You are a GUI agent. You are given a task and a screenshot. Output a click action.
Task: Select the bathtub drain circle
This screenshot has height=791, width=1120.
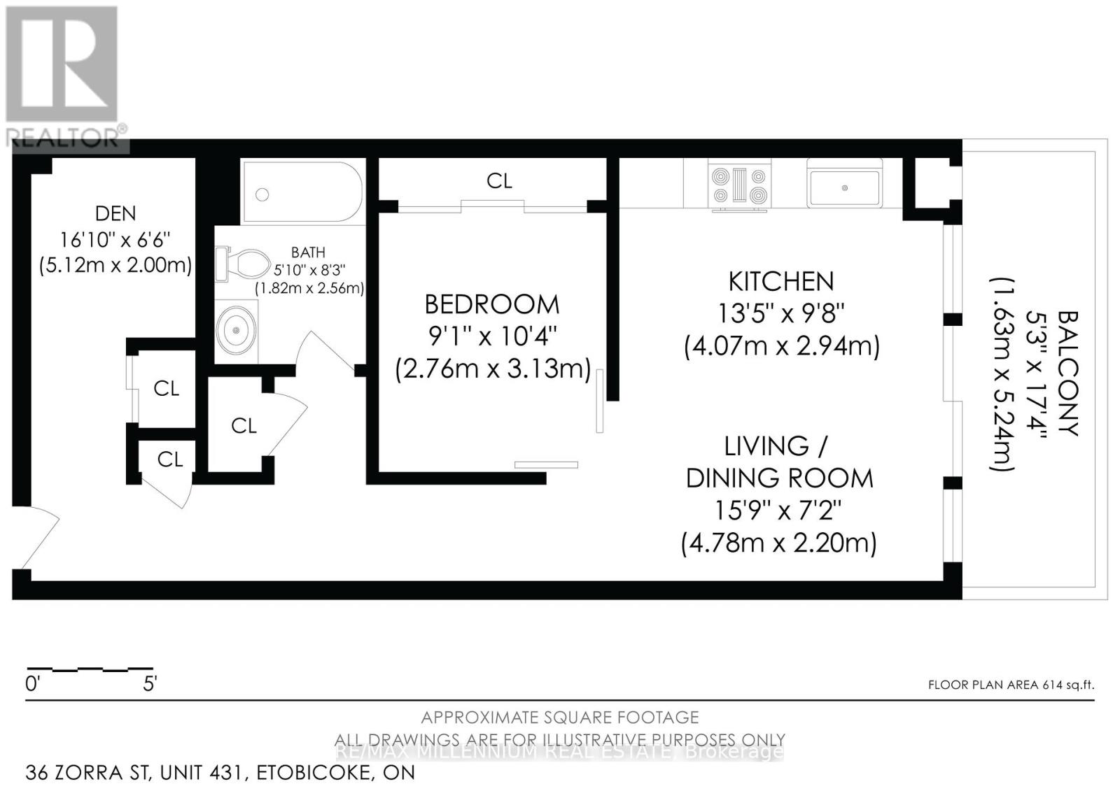[x=262, y=195]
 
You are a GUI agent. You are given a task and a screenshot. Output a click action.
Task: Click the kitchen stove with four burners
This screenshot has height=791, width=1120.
[x=740, y=185]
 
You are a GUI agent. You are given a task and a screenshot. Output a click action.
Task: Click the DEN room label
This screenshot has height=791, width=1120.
[x=115, y=213]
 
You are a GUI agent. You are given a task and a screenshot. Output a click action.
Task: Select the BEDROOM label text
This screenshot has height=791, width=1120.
[x=492, y=304]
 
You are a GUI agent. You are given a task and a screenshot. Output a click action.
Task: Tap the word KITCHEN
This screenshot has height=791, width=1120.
[x=781, y=281]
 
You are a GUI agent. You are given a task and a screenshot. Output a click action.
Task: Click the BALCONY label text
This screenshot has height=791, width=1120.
[x=1067, y=373]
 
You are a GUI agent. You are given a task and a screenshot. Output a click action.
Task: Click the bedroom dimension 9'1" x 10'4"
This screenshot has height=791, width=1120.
[x=492, y=336]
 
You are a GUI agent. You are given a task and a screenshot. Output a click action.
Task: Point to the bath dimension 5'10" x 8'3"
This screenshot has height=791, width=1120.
[x=309, y=270]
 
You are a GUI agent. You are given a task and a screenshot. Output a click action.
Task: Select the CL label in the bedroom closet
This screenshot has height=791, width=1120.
[x=499, y=180]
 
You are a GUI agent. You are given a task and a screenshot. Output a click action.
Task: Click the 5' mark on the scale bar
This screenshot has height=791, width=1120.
[x=149, y=683]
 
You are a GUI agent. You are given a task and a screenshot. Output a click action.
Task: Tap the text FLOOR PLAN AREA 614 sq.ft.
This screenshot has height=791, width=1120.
[x=1010, y=685]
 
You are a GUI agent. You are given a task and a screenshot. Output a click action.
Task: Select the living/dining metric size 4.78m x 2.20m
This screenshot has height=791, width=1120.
[x=778, y=543]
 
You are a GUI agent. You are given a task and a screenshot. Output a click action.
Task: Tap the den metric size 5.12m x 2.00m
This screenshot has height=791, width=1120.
[x=115, y=266]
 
